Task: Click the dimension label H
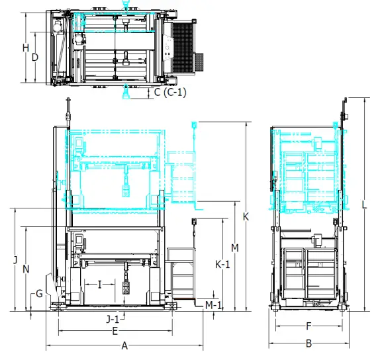point(25,48)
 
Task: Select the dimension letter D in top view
point(35,57)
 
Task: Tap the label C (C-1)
point(170,93)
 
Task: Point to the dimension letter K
point(246,216)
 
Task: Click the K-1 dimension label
point(223,264)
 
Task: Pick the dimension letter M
point(234,247)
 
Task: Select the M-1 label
point(213,305)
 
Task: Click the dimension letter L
point(364,205)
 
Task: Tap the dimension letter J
point(15,260)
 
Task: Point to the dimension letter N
point(25,269)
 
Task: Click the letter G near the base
point(39,293)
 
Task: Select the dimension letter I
point(99,285)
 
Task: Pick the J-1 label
point(113,318)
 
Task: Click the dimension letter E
point(115,330)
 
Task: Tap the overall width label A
point(124,345)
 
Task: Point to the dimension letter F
point(309,326)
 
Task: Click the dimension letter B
point(309,343)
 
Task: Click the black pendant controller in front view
point(125,289)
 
